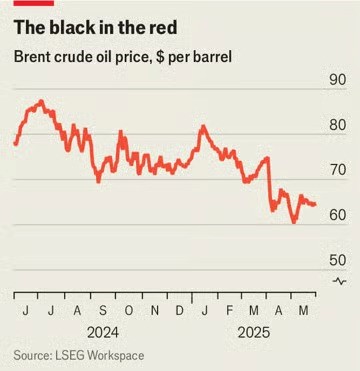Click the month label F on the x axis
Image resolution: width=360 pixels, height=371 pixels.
(x=230, y=310)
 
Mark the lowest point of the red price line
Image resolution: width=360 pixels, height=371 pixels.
(x=294, y=222)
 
